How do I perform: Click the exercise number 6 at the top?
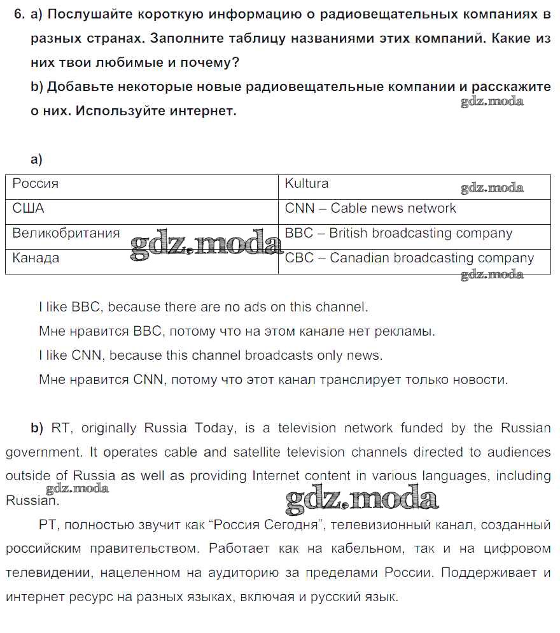(18, 15)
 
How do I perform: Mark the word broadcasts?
(278, 355)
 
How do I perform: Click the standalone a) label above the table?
(36, 159)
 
